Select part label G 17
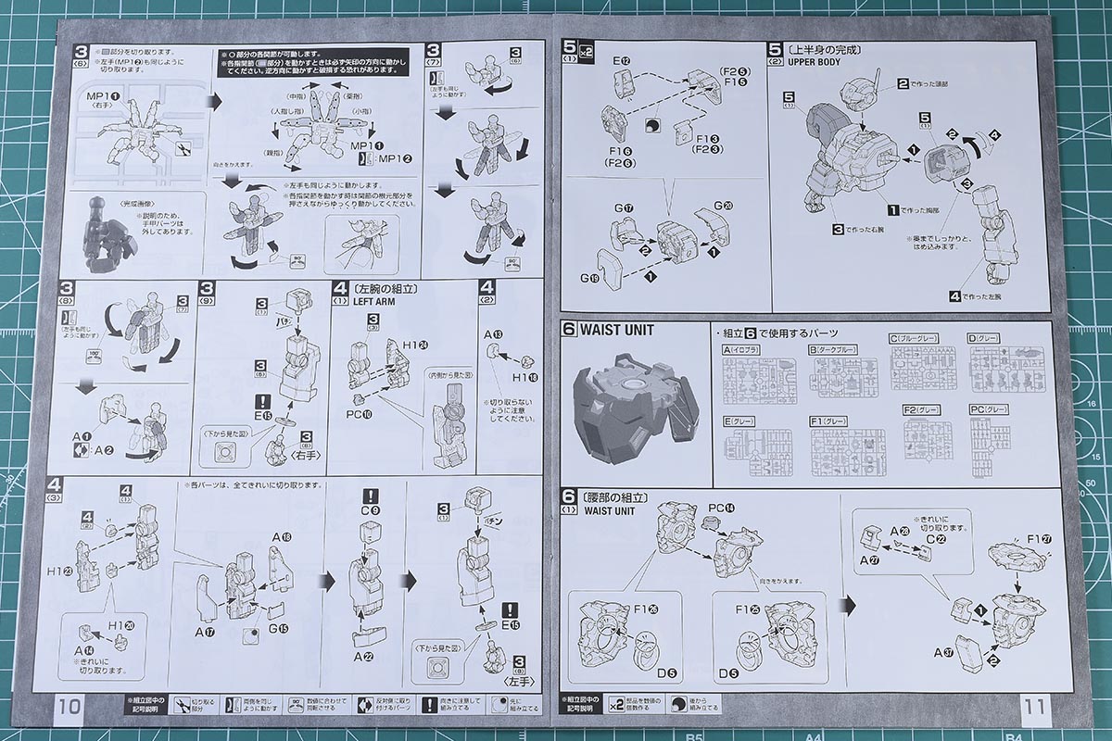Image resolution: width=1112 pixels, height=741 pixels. [621, 207]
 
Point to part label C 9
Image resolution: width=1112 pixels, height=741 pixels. [370, 510]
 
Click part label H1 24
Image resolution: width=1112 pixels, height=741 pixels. [401, 346]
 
